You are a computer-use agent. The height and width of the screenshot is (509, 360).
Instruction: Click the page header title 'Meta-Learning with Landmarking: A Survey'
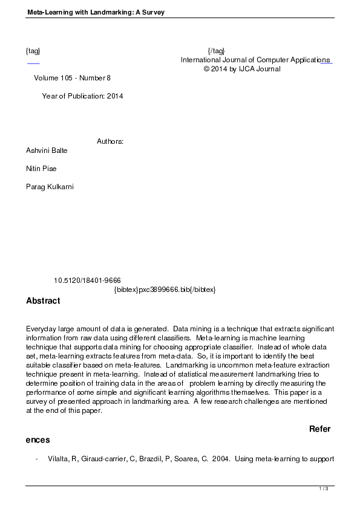tap(96, 12)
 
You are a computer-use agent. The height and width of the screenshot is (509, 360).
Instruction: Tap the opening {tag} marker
tap(33, 50)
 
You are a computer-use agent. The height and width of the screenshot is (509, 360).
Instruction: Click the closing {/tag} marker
tap(216, 50)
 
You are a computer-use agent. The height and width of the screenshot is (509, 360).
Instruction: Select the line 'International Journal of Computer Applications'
tap(255, 60)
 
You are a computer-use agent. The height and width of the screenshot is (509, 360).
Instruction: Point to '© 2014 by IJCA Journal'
tap(242, 69)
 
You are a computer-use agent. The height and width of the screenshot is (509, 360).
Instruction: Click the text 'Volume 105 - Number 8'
tap(73, 78)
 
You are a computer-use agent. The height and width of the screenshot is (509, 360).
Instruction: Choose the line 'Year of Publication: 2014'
tap(82, 96)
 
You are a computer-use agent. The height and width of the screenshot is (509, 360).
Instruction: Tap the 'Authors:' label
tap(110, 141)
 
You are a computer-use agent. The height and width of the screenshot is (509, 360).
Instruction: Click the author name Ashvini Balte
tap(47, 151)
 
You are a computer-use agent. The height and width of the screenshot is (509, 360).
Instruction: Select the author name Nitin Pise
tap(42, 169)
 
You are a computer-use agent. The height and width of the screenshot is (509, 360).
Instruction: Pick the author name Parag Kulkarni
tap(50, 187)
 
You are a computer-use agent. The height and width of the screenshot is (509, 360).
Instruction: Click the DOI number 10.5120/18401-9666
tap(87, 280)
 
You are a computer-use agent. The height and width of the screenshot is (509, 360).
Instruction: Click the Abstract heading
tap(43, 300)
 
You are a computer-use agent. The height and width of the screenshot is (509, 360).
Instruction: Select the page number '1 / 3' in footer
tap(324, 488)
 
